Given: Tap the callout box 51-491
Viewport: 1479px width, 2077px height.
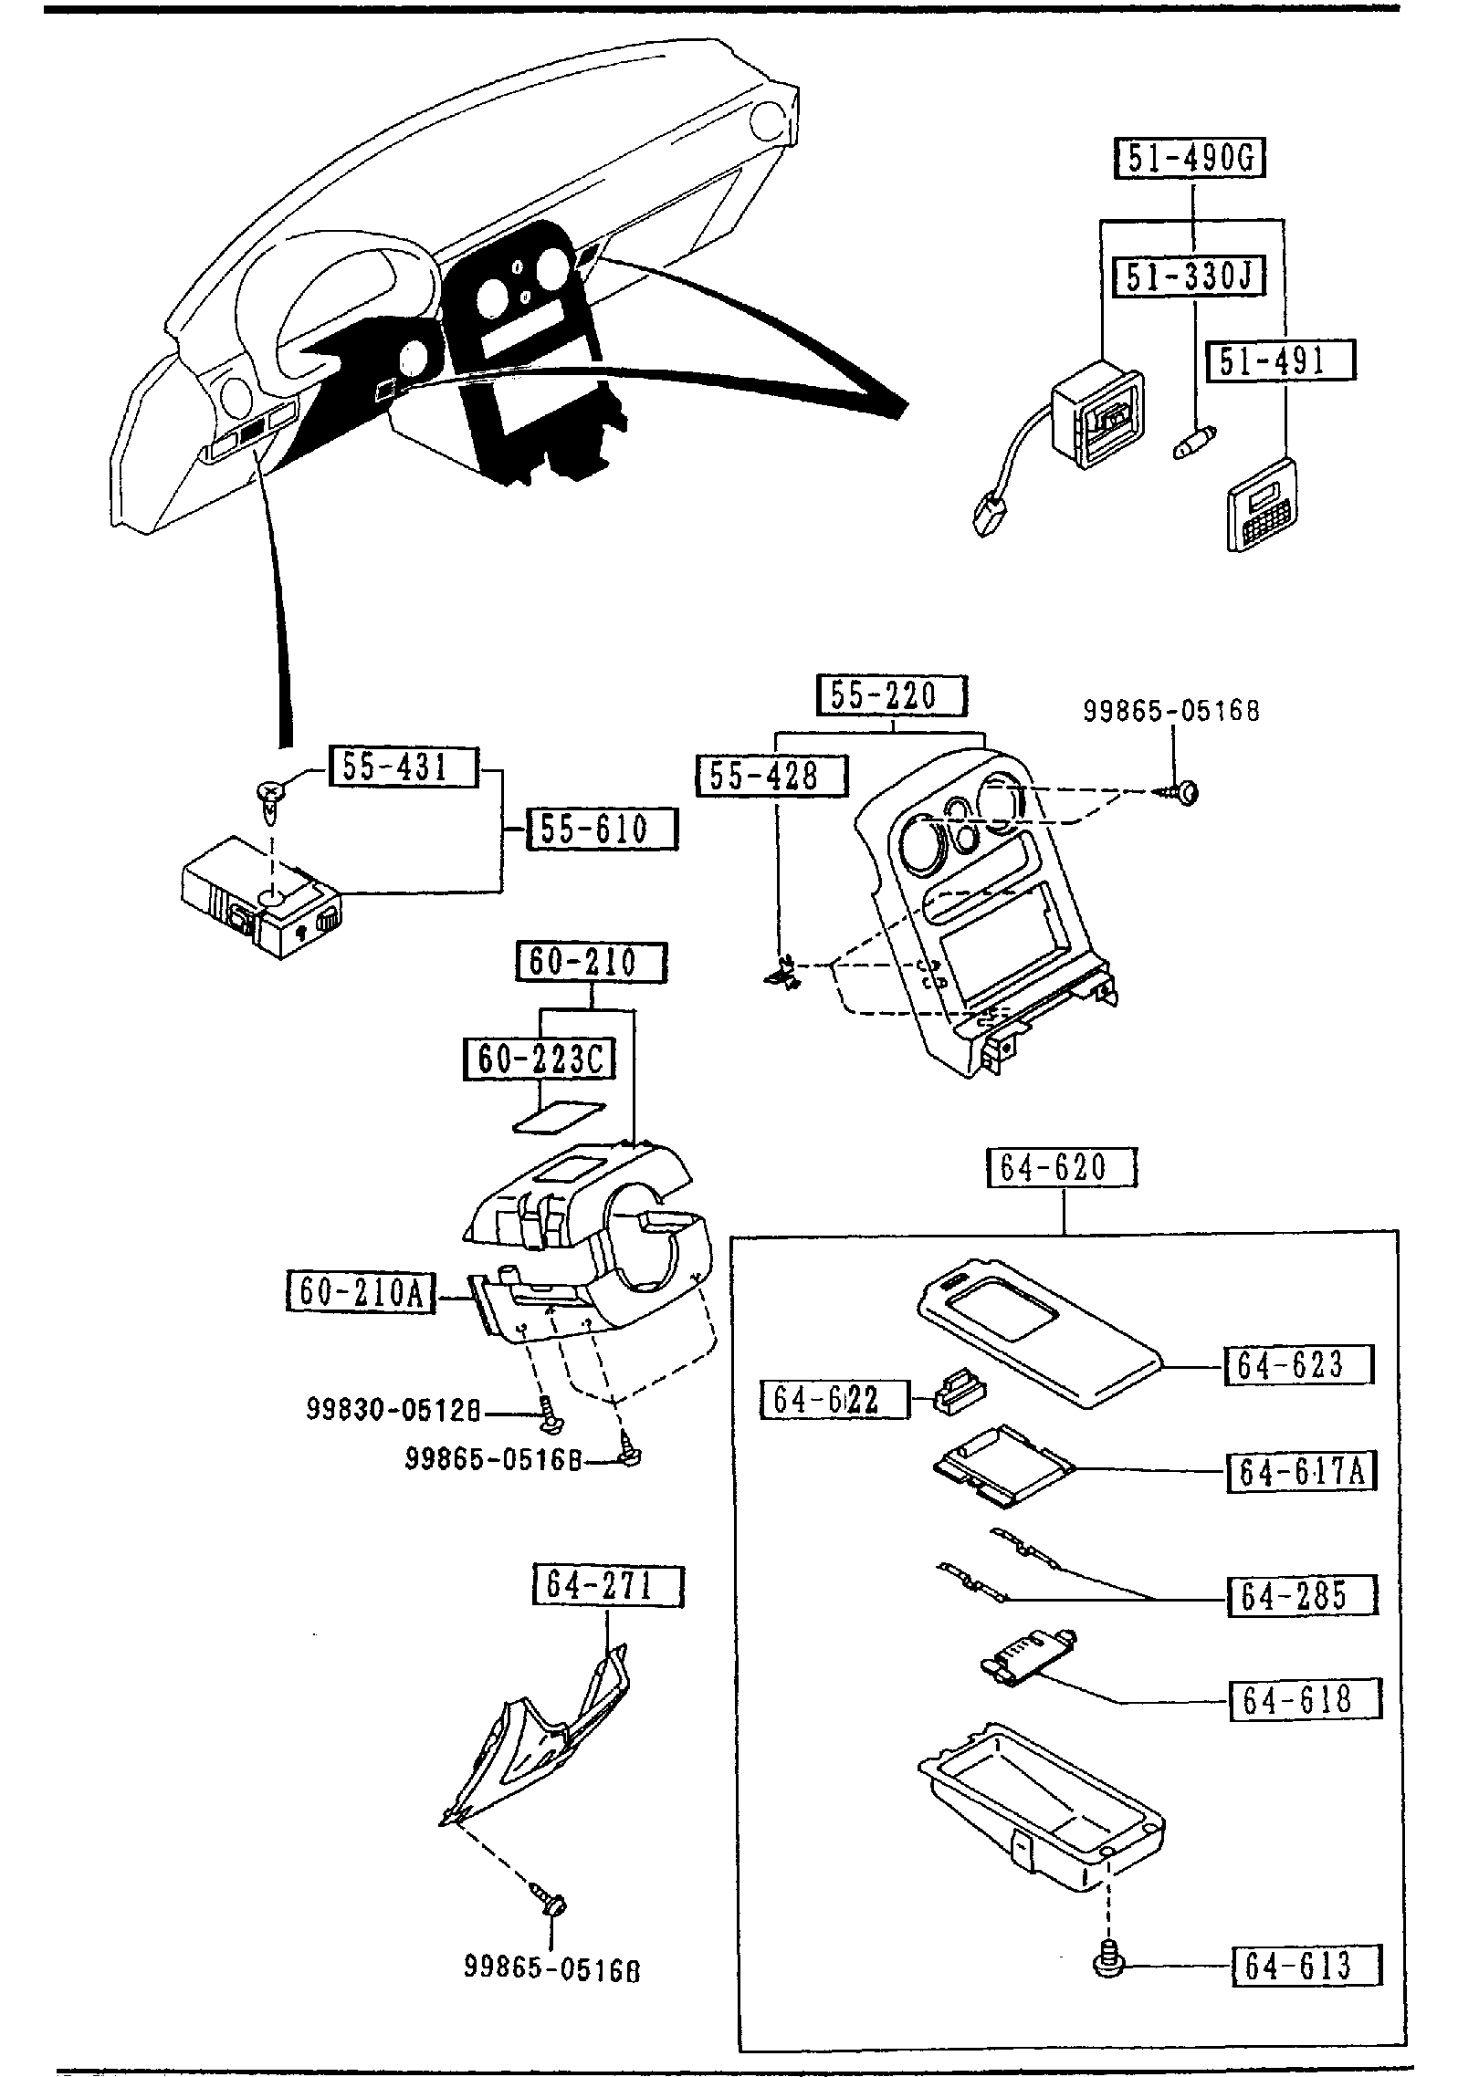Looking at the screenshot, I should (1281, 360).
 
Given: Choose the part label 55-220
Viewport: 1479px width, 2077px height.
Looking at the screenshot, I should (889, 696).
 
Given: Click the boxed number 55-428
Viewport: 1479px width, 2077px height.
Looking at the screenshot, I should (771, 775).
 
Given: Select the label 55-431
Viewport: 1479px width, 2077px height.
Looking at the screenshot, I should (402, 767).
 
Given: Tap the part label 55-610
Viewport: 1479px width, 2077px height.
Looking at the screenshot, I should (602, 829).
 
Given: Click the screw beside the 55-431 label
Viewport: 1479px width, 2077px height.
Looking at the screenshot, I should (271, 792).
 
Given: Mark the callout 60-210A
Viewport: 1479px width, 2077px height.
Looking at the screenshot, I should (360, 1292).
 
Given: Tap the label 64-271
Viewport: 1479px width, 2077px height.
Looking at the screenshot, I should (607, 1586).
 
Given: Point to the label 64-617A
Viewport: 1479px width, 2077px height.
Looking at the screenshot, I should (1301, 1472).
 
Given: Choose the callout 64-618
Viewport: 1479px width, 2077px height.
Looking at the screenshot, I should (1304, 1700).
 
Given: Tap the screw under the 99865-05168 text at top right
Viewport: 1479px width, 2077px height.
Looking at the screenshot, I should (1183, 793).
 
